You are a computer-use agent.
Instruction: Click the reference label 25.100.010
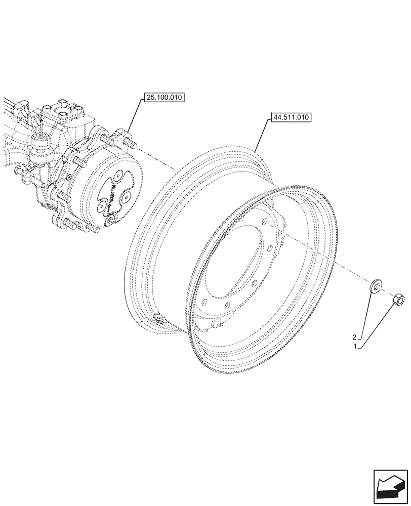pos(165,98)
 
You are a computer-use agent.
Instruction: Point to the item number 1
pos(357,347)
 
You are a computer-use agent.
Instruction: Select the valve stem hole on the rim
pos(158,319)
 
